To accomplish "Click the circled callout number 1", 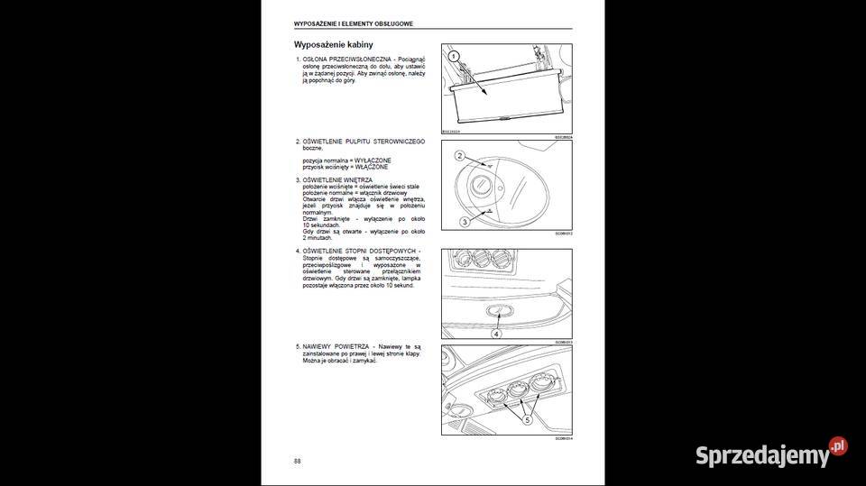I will (x=456, y=56).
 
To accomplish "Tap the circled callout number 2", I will (x=459, y=156).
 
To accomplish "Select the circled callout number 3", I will (x=464, y=221).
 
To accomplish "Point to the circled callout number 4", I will (x=495, y=332).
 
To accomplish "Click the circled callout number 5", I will (x=529, y=418).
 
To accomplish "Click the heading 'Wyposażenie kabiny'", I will (x=333, y=44).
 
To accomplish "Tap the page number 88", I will (x=298, y=461).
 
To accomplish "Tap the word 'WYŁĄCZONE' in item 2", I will (x=372, y=160).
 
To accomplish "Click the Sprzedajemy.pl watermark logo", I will (x=771, y=454).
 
